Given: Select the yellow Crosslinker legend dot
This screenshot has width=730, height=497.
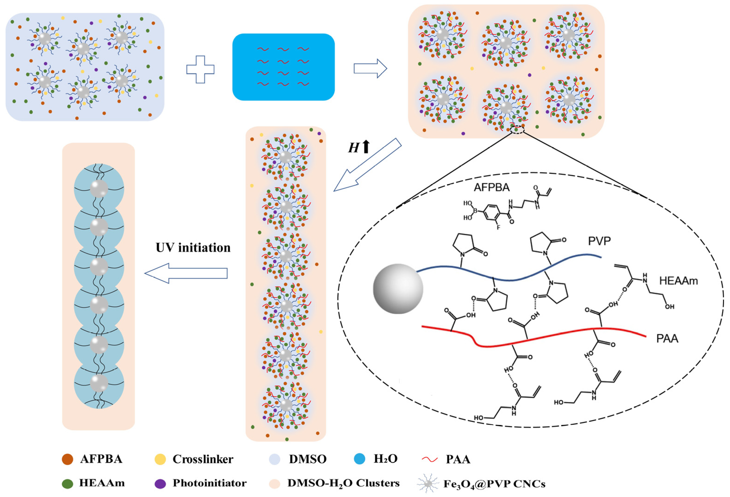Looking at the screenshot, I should [x=160, y=459].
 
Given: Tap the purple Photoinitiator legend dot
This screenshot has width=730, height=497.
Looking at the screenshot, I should [x=160, y=484].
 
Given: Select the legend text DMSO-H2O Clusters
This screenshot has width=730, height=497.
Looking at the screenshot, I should [x=343, y=483].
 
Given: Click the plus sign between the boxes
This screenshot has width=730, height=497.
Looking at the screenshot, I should [x=200, y=69].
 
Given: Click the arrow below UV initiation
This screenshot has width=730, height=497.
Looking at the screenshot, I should [x=186, y=273].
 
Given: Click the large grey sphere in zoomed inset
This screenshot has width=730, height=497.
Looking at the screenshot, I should [x=398, y=289].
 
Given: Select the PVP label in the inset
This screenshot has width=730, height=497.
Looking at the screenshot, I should [x=599, y=241].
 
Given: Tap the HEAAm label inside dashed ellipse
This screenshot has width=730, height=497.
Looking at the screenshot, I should [x=679, y=281].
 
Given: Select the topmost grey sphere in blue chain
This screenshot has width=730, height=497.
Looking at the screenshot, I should [x=99, y=189].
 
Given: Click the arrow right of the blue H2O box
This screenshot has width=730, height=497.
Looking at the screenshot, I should [x=370, y=68].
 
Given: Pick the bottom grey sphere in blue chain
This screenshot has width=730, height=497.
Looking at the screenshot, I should [x=99, y=383].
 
